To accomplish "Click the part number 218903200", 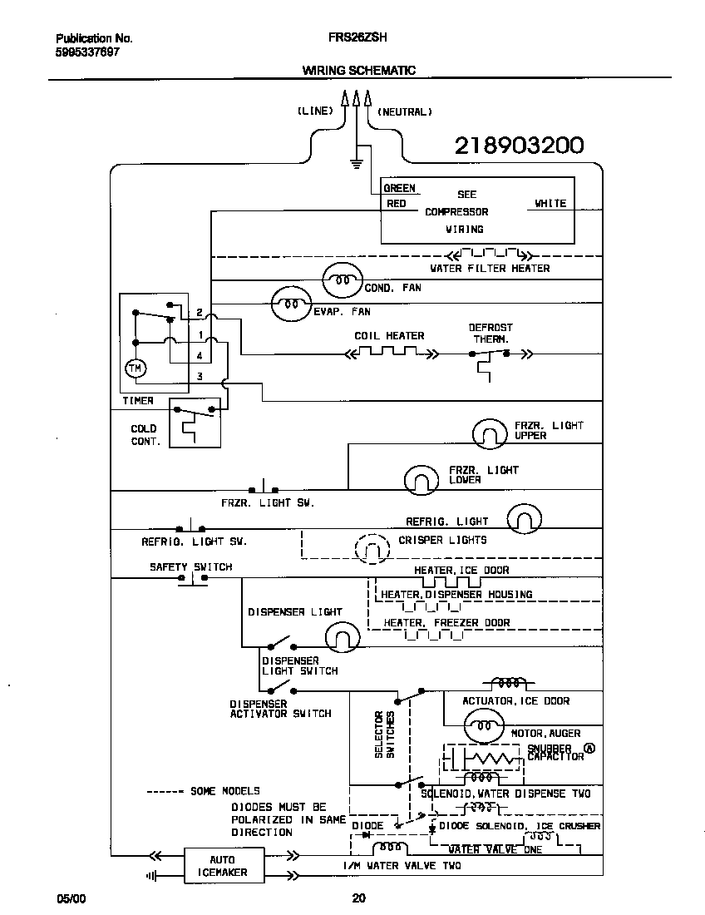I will click(x=519, y=146).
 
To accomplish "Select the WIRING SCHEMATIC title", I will click(x=358, y=71).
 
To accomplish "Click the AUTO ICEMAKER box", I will click(x=223, y=866).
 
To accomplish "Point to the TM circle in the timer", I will click(x=134, y=368).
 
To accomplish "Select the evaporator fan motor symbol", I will click(x=292, y=304).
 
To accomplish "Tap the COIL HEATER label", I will click(x=389, y=336).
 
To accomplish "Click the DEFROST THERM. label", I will click(x=491, y=333).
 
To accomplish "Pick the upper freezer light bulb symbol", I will click(x=489, y=432).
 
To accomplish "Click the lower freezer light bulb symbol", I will click(x=421, y=478).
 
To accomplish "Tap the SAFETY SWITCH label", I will click(x=190, y=566).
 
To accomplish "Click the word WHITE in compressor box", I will click(x=550, y=203).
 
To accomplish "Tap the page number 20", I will click(x=358, y=898).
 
